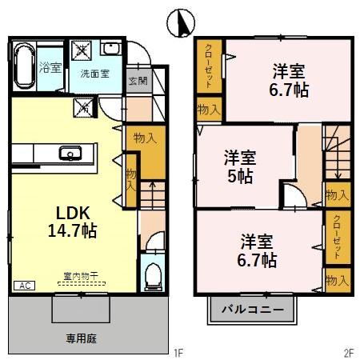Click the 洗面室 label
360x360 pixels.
pos(94,74)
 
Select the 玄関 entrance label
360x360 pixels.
pos(137,81)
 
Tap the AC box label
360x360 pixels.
pos(23,285)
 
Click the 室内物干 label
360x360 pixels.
pos(81,277)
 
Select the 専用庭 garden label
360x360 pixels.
pos(81,338)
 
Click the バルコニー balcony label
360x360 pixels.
pos(253,309)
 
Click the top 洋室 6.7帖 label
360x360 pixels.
pos(286,79)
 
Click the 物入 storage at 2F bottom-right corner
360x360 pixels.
pos(336,280)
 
